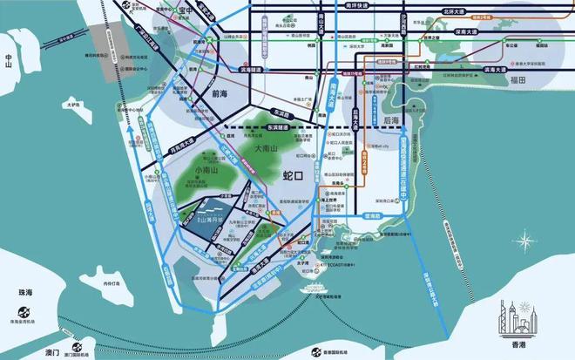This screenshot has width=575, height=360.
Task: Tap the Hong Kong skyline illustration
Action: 515,317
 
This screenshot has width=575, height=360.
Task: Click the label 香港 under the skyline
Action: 515,344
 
